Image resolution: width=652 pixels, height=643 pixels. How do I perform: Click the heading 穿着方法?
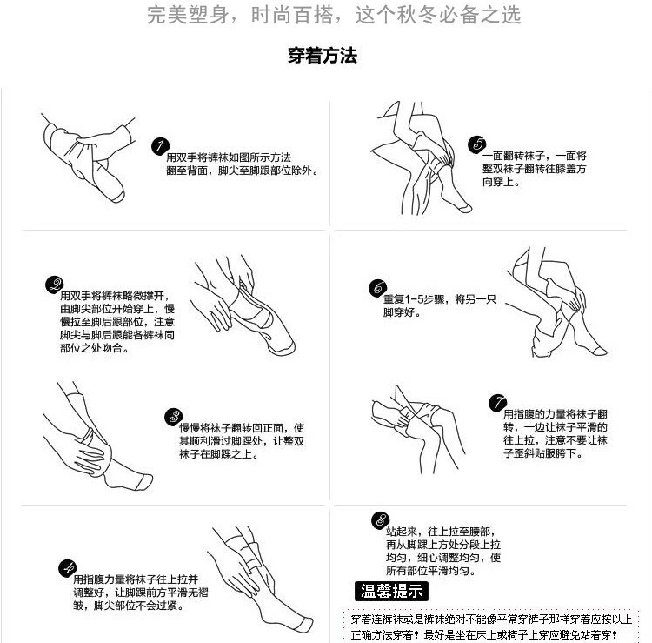pyautogui.click(x=323, y=56)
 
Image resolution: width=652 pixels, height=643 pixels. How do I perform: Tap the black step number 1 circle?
pyautogui.click(x=160, y=146)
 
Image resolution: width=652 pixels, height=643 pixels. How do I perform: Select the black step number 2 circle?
pyautogui.click(x=54, y=285)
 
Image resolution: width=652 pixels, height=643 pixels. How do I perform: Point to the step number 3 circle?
pyautogui.click(x=173, y=417)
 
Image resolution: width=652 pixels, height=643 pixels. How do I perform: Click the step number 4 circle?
pyautogui.click(x=67, y=568)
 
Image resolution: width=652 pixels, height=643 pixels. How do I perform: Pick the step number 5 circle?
pyautogui.click(x=477, y=144)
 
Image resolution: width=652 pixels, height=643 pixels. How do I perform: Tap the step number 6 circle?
pyautogui.click(x=377, y=288)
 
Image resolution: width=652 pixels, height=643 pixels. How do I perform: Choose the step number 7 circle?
pyautogui.click(x=497, y=403)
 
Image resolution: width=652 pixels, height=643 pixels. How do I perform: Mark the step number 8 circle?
pyautogui.click(x=380, y=520)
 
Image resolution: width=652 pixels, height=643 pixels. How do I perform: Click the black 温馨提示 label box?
pyautogui.click(x=391, y=591)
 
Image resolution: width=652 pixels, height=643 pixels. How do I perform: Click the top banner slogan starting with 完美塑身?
pyautogui.click(x=334, y=15)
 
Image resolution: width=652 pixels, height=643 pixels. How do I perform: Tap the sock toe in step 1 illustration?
pyautogui.click(x=116, y=195)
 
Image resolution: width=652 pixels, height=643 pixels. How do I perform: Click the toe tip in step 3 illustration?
pyautogui.click(x=144, y=481)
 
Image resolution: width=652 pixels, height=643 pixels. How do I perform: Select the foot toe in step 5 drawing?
pyautogui.click(x=464, y=207)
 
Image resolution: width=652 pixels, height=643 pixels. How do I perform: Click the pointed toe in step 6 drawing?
pyautogui.click(x=600, y=350)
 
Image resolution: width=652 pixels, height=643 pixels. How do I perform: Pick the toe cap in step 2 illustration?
pyautogui.click(x=284, y=348)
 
